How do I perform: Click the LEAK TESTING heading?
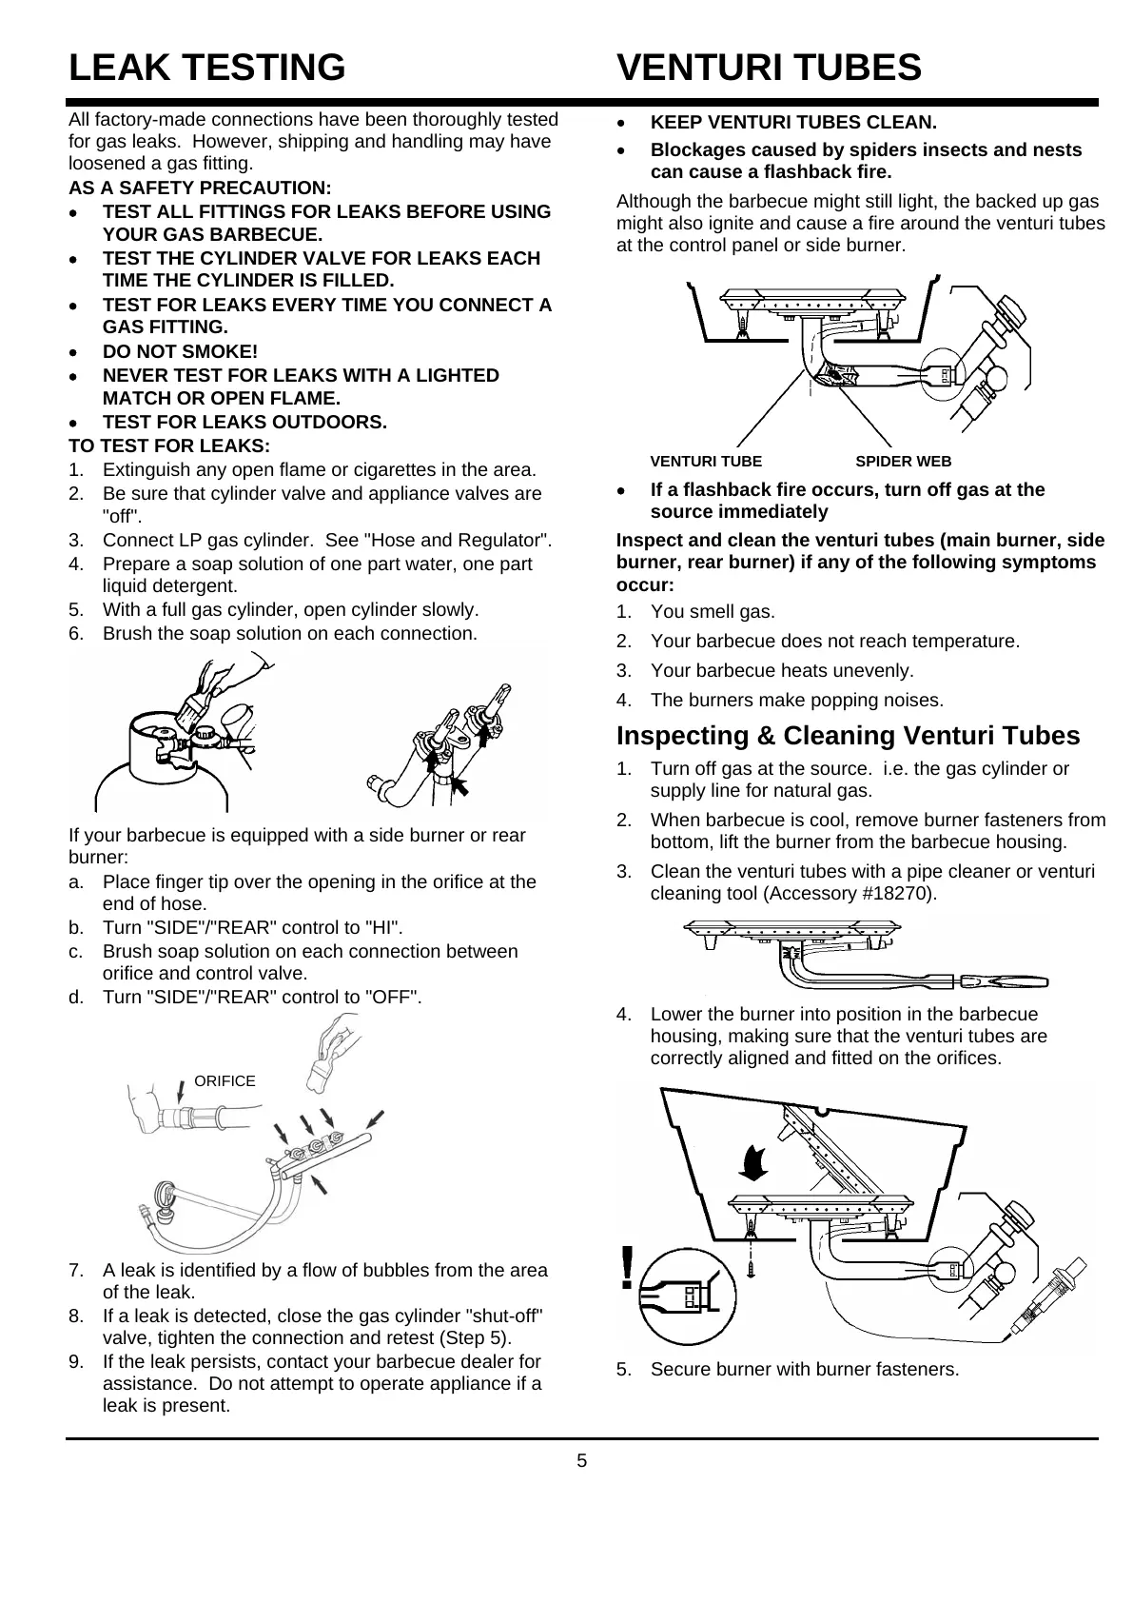click(x=206, y=68)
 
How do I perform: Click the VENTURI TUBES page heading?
click(x=769, y=68)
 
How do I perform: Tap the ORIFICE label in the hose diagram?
click(x=225, y=1080)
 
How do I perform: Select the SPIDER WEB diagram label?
click(x=903, y=462)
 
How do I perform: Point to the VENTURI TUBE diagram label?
click(x=705, y=462)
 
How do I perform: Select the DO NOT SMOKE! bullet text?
click(x=180, y=352)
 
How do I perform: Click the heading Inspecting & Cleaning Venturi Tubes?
click(x=848, y=736)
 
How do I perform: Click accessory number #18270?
click(x=899, y=894)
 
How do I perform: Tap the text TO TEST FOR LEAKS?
click(x=169, y=445)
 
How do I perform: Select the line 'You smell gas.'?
click(x=713, y=612)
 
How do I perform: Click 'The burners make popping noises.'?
click(x=797, y=701)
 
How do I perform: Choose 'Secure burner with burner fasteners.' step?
click(x=804, y=1370)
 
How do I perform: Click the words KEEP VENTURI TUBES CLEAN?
click(x=793, y=123)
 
